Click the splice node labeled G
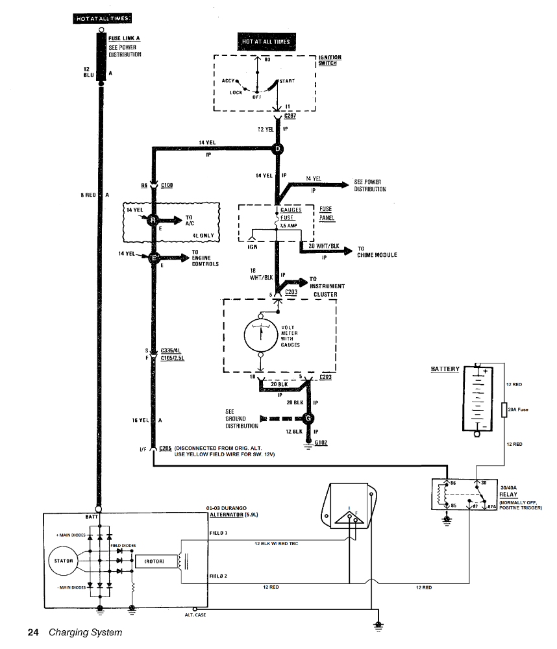[307, 418]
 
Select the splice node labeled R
[154, 221]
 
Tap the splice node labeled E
[154, 258]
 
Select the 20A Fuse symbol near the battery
[504, 410]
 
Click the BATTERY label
[445, 369]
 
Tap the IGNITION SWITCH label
[330, 60]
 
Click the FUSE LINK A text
[124, 38]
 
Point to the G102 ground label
[321, 443]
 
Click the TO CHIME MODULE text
[377, 252]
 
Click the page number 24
[34, 631]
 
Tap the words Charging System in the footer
[85, 631]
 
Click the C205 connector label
[165, 448]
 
